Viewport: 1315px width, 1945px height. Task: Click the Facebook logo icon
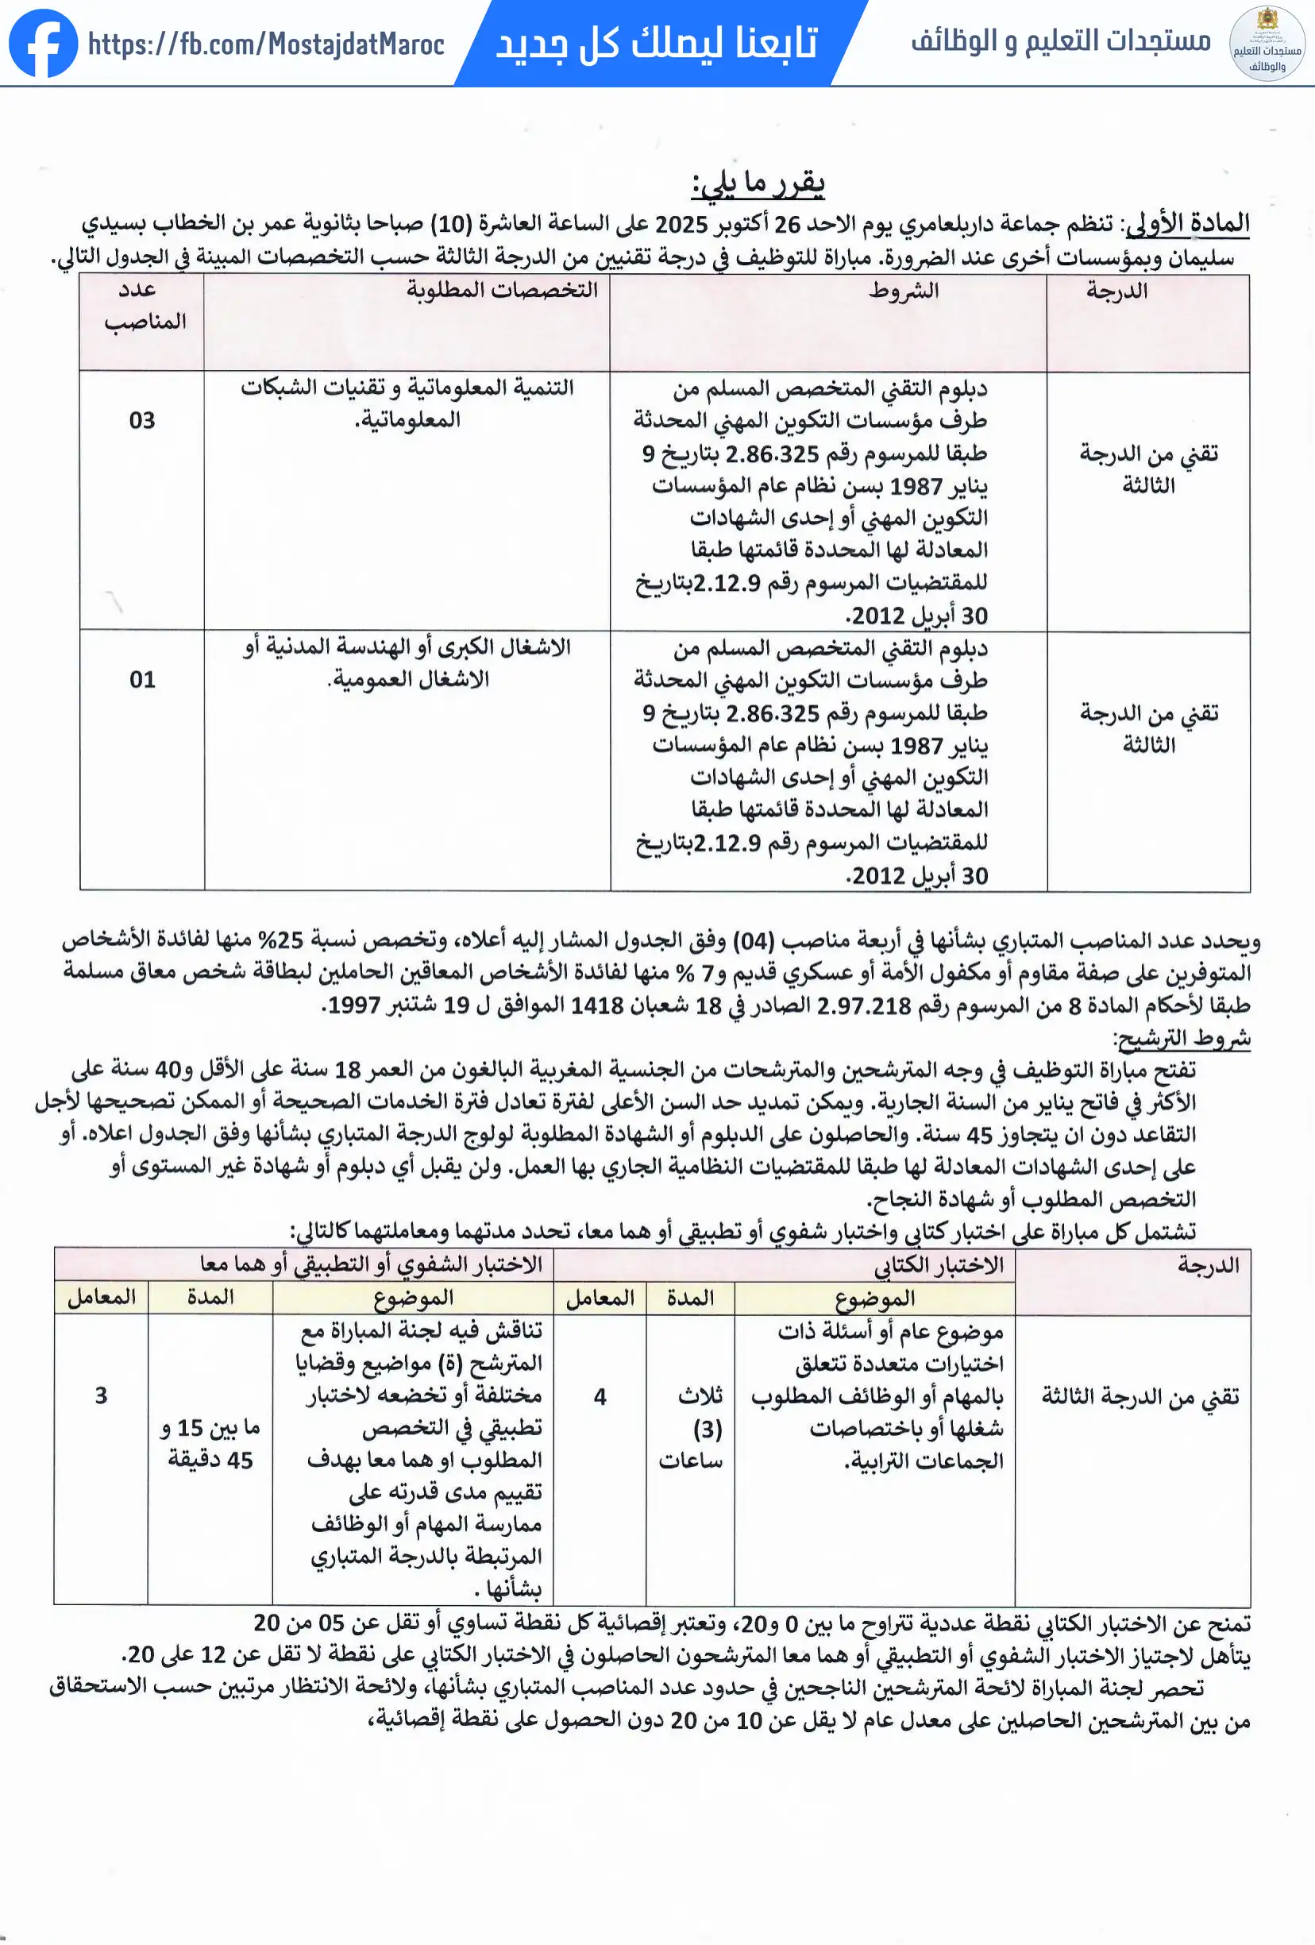coord(44,44)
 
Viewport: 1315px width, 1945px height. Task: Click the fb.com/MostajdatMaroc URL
coord(266,44)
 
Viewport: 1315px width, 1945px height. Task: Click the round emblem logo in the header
coord(1267,44)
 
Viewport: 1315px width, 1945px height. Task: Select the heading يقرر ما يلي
coord(758,183)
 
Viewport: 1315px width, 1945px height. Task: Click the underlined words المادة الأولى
coord(1188,223)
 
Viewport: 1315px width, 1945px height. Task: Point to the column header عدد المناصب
coord(143,307)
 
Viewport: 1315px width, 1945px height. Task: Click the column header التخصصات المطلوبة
coord(502,291)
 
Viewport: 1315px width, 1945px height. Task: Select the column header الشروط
coord(903,291)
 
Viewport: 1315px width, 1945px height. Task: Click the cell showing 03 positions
coord(142,420)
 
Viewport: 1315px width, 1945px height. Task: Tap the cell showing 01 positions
coord(142,680)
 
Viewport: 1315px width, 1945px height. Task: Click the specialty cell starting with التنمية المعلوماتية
coord(407,403)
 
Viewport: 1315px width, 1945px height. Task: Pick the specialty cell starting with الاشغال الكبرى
coord(407,663)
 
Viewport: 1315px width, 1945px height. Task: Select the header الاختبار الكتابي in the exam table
coord(939,1265)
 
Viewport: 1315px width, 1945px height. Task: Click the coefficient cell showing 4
coord(600,1396)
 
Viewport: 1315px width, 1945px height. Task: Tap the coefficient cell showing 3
coord(102,1395)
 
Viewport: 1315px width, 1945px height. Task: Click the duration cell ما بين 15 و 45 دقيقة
coord(210,1444)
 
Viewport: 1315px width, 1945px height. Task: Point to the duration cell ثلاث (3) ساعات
coord(692,1428)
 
